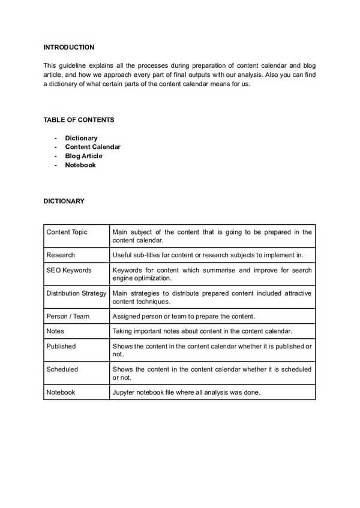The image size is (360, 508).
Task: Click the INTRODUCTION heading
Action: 68,47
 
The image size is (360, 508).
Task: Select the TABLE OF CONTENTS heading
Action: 79,120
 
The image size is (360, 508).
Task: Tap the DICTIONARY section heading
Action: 64,202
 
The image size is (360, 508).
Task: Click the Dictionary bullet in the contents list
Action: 81,138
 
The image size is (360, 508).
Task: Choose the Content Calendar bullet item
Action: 92,147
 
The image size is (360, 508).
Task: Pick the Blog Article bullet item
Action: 83,156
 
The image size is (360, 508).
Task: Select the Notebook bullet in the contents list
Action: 80,165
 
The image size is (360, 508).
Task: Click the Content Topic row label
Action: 67,232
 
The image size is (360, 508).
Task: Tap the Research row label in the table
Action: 61,255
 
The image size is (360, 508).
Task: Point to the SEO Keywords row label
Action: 69,270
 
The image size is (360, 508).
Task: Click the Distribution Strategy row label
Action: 76,293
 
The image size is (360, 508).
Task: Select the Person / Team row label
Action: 68,316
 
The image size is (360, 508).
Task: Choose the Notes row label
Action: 55,331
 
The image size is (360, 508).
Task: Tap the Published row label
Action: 61,346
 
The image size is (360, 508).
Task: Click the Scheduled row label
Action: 62,369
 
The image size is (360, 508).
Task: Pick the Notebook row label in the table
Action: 61,392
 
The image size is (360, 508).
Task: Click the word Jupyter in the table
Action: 124,392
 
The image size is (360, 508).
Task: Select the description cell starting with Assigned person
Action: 184,316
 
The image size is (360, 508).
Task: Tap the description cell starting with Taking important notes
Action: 202,331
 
